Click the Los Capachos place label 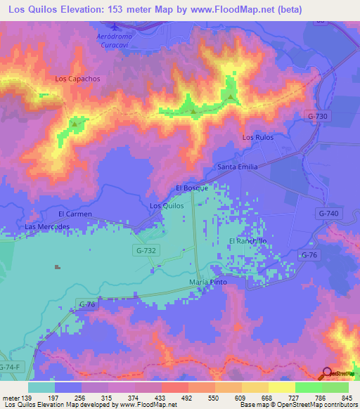[73, 79]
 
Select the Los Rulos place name [257, 137]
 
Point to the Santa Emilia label [238, 167]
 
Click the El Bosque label [190, 188]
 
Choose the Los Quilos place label [167, 206]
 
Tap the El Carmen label [75, 213]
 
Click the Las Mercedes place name [47, 227]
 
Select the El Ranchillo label [248, 241]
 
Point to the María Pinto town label [208, 282]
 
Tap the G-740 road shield [328, 213]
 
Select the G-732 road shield [146, 249]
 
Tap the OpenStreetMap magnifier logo [327, 373]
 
